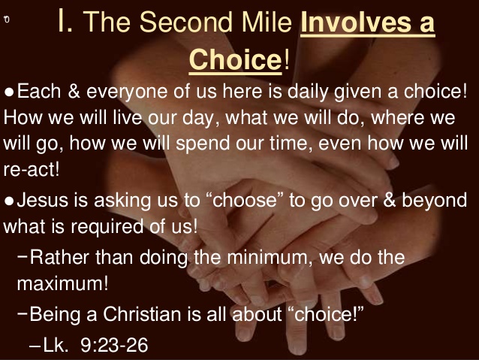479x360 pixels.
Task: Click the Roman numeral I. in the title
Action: tap(65, 23)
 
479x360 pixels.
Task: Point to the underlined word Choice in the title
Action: tap(235, 60)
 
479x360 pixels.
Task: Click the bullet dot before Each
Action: tap(9, 92)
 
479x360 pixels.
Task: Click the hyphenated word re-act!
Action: tap(31, 168)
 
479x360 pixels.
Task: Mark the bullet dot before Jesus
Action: tap(9, 201)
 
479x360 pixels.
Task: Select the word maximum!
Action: tap(62, 285)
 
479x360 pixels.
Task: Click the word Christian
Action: tap(131, 313)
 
